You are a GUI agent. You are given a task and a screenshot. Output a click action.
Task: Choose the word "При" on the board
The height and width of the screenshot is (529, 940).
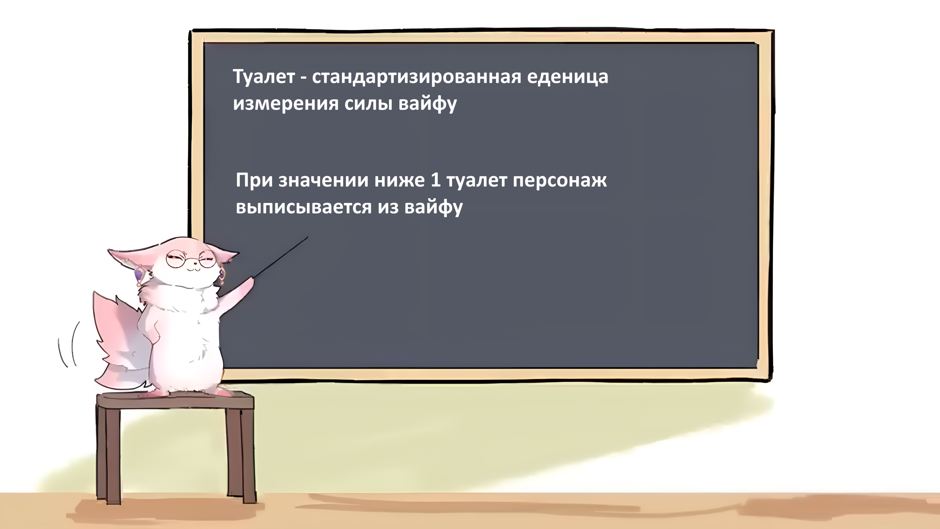(254, 180)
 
